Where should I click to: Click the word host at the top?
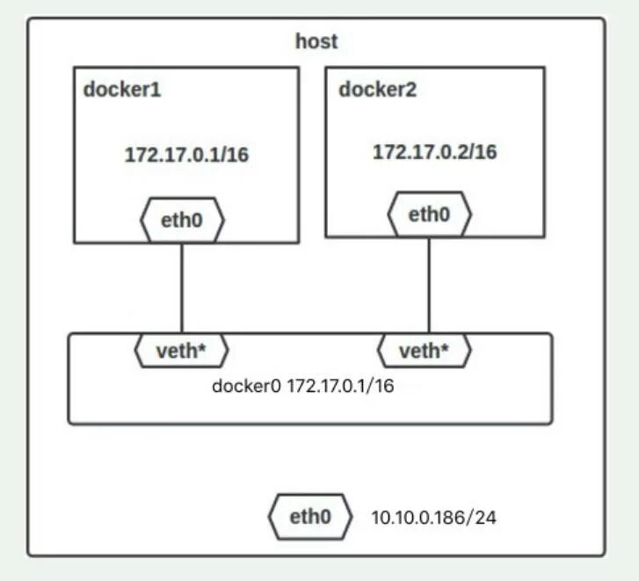[316, 41]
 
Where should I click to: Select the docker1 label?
[123, 90]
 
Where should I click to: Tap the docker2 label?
[379, 90]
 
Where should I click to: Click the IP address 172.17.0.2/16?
[434, 152]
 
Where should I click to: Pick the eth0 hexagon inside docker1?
[182, 221]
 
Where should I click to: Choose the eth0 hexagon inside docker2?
[430, 214]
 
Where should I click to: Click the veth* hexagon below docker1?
[181, 352]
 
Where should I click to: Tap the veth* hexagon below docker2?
[425, 352]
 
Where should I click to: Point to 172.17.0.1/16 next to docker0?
[340, 387]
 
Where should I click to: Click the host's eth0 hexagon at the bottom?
[310, 518]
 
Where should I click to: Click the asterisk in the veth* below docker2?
[445, 350]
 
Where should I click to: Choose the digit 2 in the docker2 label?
[412, 90]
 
